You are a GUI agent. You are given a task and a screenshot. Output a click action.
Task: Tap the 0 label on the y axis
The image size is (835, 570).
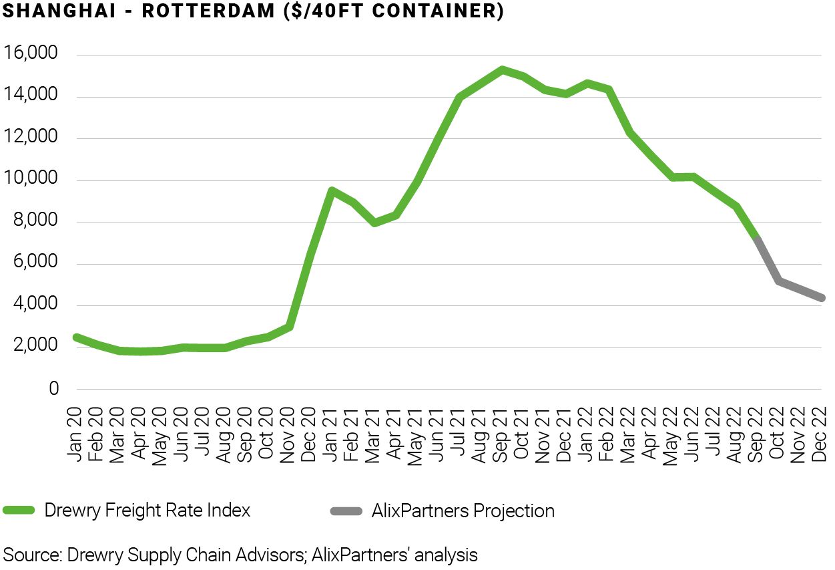54,389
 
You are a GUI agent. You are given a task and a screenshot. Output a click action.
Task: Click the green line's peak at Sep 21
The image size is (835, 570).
502,69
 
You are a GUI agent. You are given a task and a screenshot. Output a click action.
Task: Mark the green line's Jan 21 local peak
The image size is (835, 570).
331,190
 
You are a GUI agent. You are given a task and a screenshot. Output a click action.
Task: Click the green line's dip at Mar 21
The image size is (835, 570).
374,223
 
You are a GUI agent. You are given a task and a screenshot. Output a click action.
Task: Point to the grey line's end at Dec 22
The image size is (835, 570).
822,298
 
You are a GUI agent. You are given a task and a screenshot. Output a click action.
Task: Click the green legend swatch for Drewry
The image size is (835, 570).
19,511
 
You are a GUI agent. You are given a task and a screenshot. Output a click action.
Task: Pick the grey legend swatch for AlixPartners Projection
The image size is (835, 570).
346,511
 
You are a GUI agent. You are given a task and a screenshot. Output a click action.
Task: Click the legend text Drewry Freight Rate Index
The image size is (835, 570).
148,511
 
